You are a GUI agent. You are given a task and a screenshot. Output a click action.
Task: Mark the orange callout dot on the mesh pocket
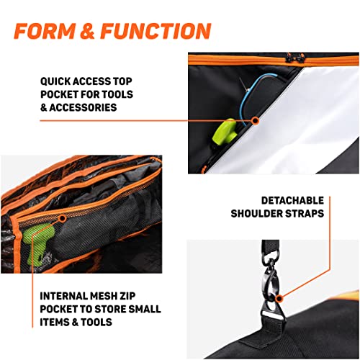pos(63,217)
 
